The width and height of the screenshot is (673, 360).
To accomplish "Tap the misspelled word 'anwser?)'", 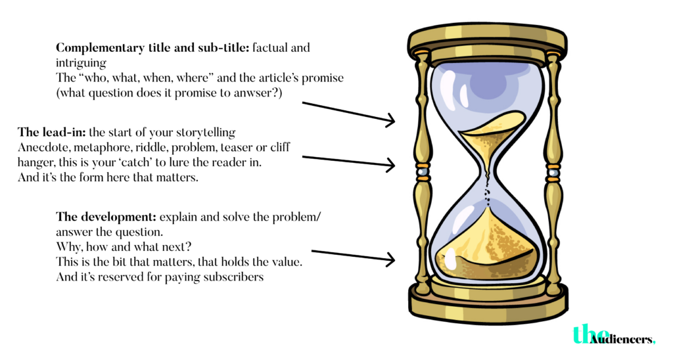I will click(x=258, y=93).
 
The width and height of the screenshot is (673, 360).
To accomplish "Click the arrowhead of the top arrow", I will click(x=391, y=120).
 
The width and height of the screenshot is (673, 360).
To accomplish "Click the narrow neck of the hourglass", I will click(x=488, y=183).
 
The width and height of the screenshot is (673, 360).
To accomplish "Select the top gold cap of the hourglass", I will click(x=487, y=41).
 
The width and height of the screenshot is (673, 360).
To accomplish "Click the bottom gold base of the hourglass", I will click(x=487, y=299).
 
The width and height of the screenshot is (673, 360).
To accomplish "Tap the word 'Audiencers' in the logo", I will click(x=622, y=339).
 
